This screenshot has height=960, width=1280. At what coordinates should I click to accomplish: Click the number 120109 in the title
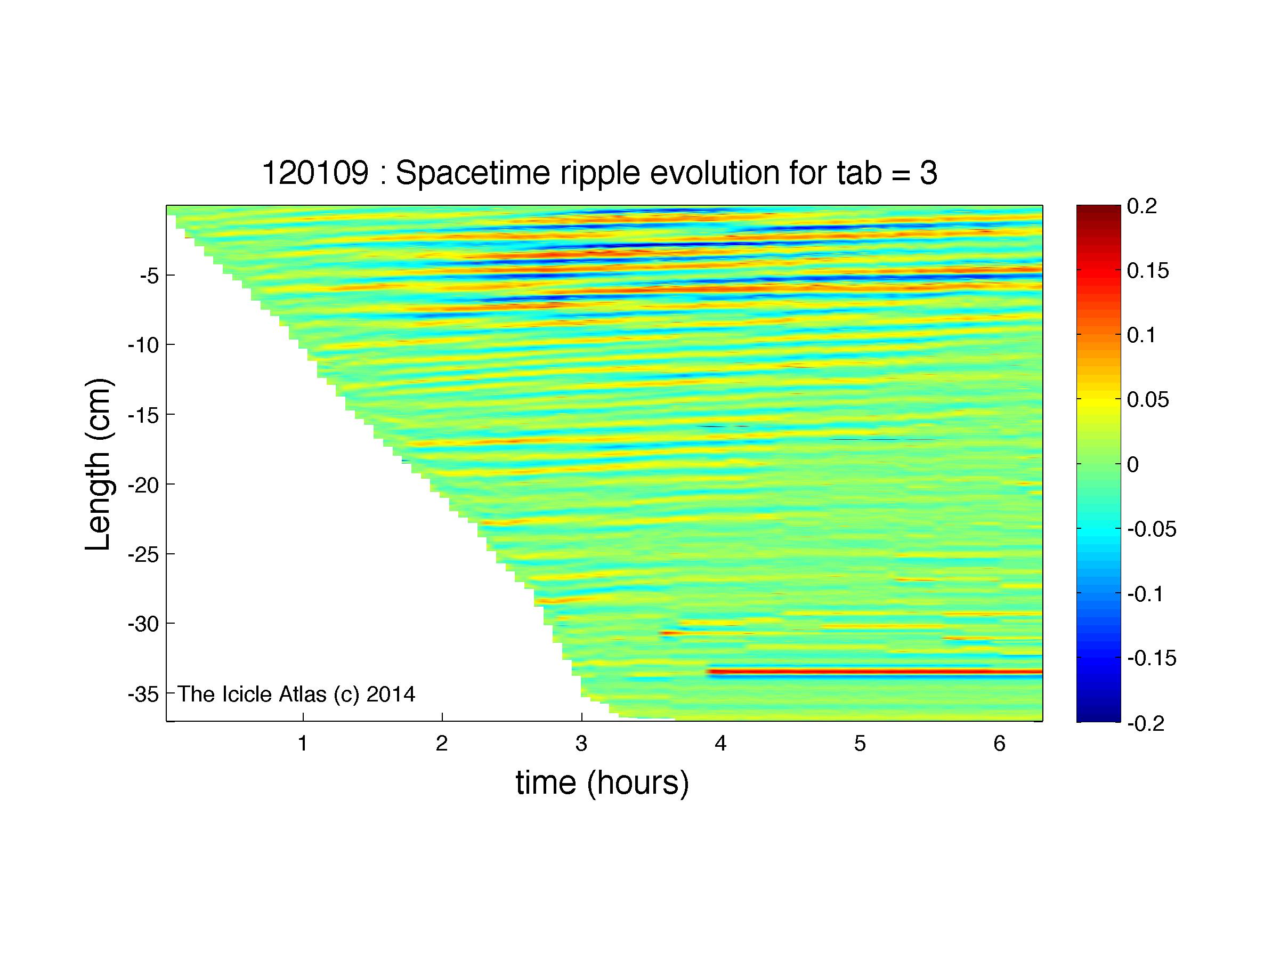coord(315,173)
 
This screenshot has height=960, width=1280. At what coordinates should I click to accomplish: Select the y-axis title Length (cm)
coord(99,465)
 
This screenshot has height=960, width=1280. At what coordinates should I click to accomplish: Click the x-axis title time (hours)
coord(602,783)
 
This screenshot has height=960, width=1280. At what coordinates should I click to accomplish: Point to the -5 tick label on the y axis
coord(149,276)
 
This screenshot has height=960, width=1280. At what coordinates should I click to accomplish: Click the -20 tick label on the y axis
coord(143,485)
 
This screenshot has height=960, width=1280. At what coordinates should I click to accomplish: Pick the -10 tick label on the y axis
coord(143,345)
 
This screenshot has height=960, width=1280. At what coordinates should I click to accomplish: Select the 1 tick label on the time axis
coord(303,744)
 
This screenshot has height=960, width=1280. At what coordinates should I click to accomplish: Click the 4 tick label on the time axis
coord(720,744)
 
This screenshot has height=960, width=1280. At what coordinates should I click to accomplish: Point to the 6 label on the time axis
coord(999,744)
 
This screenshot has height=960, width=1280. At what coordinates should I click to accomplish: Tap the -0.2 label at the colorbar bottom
coord(1146,723)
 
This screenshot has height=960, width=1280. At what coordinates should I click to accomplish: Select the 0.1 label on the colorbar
coord(1141,335)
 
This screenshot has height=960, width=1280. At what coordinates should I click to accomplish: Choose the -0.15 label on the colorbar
coord(1152,658)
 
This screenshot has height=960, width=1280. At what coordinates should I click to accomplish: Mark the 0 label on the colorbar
coord(1133,464)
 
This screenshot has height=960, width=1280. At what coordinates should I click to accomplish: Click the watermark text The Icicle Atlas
coord(252,694)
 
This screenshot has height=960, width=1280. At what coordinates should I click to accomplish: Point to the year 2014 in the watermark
coord(391,694)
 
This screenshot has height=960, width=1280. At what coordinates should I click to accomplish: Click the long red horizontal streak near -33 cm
coord(874,672)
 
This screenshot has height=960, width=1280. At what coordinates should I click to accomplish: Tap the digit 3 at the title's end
coord(928,173)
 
